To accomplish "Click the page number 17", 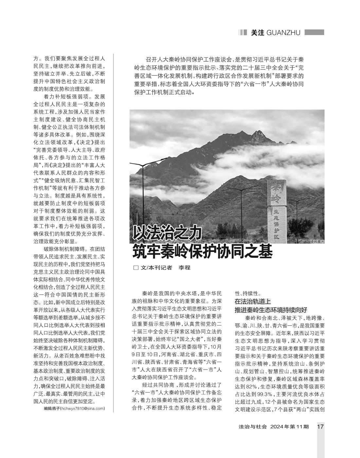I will (x=320, y=427).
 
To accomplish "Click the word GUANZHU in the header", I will (x=283, y=33).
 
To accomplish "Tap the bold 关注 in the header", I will (x=257, y=33).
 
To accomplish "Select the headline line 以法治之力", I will (x=167, y=234).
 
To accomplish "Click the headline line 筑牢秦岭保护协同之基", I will (x=202, y=251).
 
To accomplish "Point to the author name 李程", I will (x=184, y=268).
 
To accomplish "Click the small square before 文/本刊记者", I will (x=136, y=268).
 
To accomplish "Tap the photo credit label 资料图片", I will (x=317, y=242).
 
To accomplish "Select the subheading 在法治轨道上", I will (x=253, y=301).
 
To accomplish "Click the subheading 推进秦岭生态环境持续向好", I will (x=271, y=310).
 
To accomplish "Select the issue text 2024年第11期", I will (x=290, y=427).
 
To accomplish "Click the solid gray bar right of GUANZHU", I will (x=314, y=32).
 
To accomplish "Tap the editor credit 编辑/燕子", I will (x=51, y=409).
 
